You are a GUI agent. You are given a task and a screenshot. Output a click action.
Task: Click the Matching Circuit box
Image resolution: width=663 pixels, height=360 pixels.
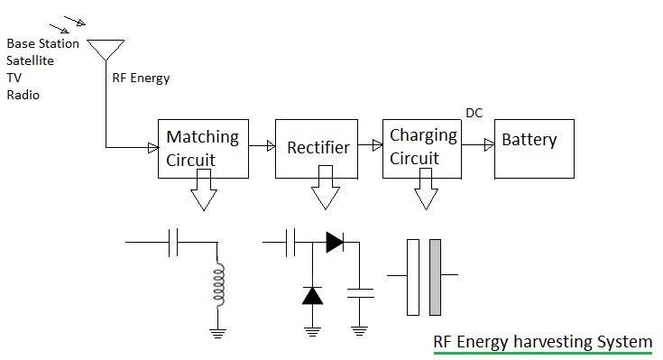[x=203, y=149]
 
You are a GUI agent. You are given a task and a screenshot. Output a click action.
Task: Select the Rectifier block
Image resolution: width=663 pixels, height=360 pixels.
[x=318, y=148]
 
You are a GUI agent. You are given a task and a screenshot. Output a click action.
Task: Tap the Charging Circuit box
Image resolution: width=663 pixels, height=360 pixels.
[x=422, y=147]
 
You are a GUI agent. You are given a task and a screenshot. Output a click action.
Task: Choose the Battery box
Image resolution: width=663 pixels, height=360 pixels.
[x=532, y=148]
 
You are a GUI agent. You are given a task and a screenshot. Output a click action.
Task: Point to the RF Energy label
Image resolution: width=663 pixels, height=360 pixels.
[x=140, y=78]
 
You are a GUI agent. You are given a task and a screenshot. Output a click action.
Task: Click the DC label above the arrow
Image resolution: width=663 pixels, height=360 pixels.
[x=474, y=113]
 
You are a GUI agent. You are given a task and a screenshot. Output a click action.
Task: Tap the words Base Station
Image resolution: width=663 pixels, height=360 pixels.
[x=42, y=43]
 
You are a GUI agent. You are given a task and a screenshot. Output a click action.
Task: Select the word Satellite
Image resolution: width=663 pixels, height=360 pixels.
[x=30, y=60]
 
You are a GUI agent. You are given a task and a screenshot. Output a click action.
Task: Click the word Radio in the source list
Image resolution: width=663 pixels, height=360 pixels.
[x=23, y=95]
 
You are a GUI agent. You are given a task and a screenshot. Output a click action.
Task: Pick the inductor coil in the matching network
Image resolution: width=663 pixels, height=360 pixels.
[x=216, y=284]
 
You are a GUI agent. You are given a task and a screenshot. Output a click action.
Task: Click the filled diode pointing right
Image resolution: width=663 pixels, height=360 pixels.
[x=335, y=242]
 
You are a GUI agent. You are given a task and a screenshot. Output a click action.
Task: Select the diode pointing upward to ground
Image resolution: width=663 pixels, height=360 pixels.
[x=311, y=296]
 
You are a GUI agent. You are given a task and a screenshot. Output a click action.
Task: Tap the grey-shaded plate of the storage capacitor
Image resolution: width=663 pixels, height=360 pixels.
[x=435, y=277]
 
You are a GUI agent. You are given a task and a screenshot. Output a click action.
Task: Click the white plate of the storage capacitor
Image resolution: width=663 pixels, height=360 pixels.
[x=413, y=277]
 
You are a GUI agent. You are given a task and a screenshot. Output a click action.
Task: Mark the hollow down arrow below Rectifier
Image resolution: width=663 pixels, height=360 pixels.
[x=323, y=194]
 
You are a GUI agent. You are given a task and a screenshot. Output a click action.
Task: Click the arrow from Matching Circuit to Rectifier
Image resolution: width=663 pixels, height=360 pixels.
[x=262, y=143]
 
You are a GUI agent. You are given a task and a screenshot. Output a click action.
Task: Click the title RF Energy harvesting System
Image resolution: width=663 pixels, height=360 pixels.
[x=540, y=342]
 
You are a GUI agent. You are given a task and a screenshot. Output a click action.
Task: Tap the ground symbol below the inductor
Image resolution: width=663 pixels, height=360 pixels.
[x=216, y=331]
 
